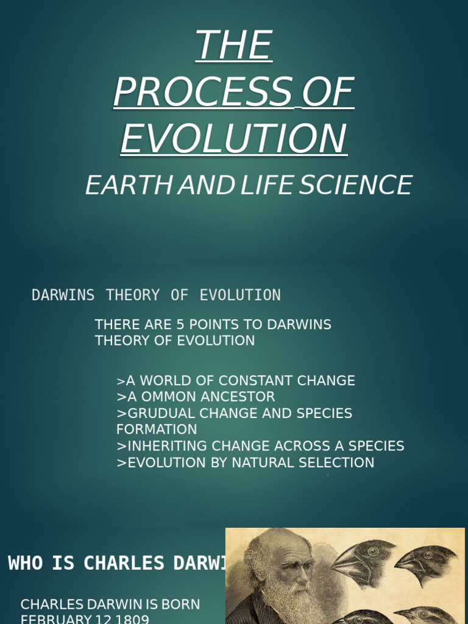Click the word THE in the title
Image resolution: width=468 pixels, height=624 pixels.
pos(234,45)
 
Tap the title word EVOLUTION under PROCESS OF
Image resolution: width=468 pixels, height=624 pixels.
pos(234,138)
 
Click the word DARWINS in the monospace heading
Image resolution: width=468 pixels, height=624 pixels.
pos(63,296)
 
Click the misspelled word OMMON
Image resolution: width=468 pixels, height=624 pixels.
pos(164,397)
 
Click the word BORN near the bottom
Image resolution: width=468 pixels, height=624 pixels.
pos(181,604)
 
